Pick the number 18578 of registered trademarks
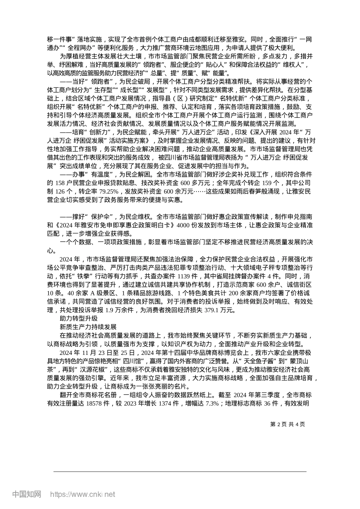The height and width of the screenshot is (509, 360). (x=94, y=404)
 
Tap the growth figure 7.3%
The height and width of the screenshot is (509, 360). (x=212, y=404)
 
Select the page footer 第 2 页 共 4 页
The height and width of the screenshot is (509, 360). (x=288, y=424)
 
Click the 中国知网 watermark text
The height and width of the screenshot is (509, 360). (x=27, y=494)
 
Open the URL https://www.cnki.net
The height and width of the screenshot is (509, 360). (x=83, y=494)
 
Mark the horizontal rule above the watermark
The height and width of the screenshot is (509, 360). (x=180, y=472)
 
